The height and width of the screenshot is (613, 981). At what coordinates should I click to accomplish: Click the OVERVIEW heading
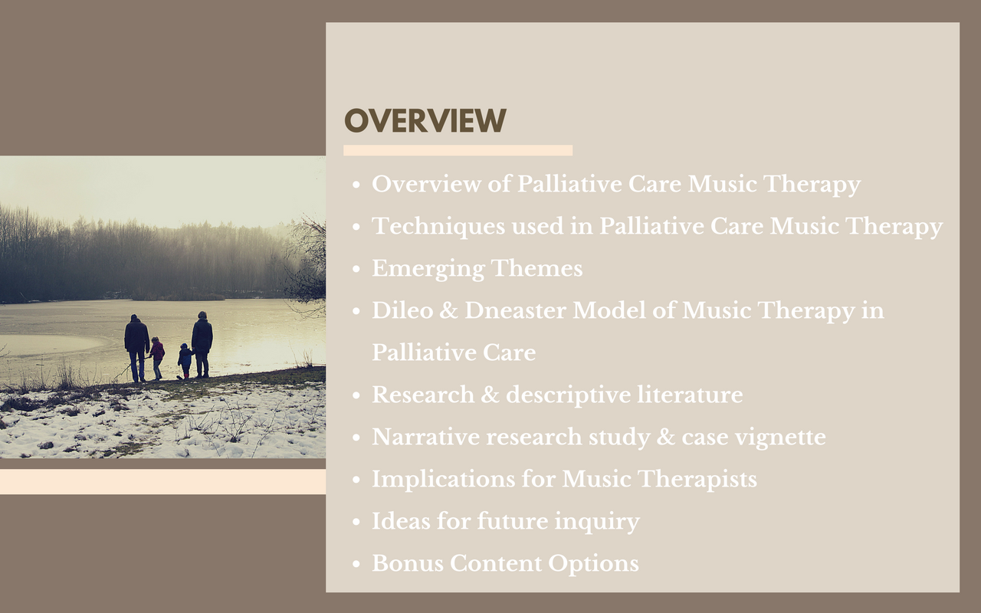click(x=425, y=120)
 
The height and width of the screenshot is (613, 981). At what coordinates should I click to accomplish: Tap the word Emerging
click(x=428, y=269)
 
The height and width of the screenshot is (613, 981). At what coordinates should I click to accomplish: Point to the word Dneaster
click(x=515, y=310)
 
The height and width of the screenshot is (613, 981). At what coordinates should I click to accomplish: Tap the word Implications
click(x=444, y=480)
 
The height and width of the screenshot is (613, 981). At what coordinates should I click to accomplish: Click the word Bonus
click(x=408, y=563)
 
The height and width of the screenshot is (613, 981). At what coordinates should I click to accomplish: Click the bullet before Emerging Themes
click(x=356, y=269)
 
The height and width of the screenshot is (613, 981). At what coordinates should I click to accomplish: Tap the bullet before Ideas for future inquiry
click(x=356, y=522)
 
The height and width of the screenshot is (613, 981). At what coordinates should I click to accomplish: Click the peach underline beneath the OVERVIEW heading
click(x=458, y=150)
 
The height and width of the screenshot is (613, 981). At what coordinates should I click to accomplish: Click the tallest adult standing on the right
click(x=202, y=344)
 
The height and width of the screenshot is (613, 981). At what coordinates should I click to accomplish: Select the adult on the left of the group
click(x=136, y=348)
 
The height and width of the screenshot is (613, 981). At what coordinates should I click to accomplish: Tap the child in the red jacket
click(x=156, y=358)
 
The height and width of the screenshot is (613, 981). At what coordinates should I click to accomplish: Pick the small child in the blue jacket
click(x=185, y=361)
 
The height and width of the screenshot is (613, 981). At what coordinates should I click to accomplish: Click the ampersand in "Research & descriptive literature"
click(x=490, y=395)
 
